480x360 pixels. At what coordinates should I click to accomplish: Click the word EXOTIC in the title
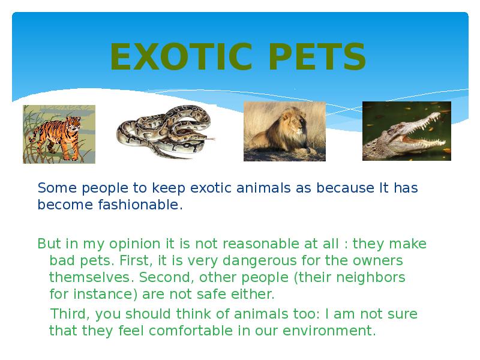tap(181, 56)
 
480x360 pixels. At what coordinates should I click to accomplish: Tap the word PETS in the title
tap(317, 56)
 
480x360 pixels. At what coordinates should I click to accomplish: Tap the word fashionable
tap(139, 205)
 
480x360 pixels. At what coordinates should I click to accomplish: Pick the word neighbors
tap(371, 277)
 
